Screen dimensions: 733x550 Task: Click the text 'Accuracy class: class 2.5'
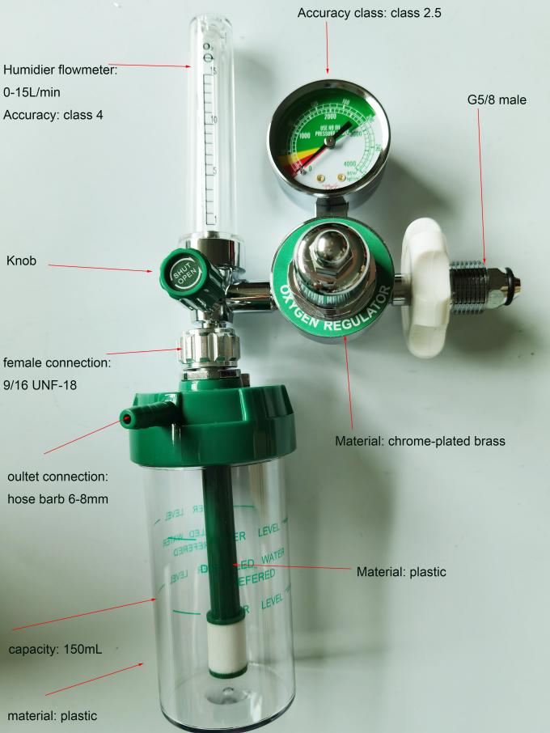tap(369, 14)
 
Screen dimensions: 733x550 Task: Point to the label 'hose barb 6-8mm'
tap(57, 498)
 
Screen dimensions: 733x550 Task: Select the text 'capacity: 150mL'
tap(56, 649)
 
